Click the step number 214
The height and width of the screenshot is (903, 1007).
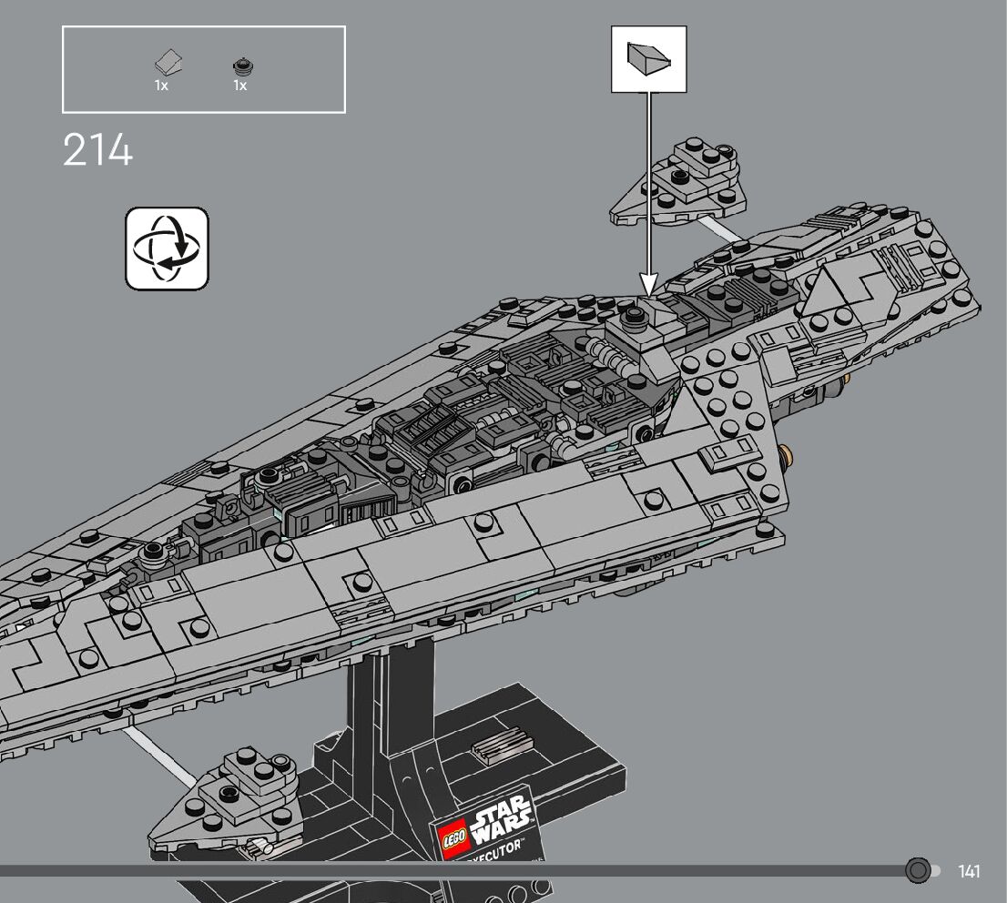point(97,150)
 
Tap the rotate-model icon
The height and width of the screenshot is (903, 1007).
point(167,249)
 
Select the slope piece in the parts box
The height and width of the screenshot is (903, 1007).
point(168,64)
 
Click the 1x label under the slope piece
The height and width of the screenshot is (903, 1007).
point(161,86)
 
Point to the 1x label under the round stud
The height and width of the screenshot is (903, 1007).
point(240,86)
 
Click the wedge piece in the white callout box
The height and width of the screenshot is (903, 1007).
point(648,59)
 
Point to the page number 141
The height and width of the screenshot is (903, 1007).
point(970,871)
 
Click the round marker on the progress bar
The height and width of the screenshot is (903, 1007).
point(918,871)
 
